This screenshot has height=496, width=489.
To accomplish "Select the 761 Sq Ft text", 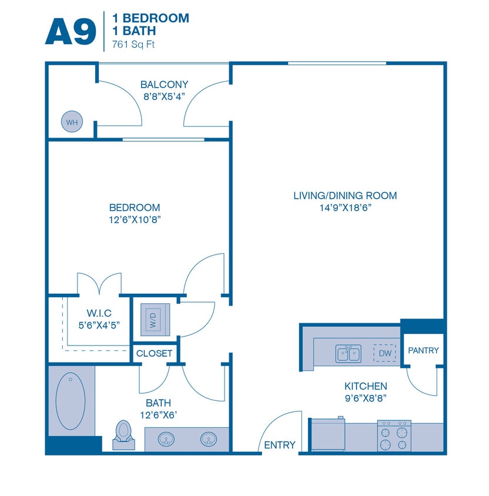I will tap(129, 44).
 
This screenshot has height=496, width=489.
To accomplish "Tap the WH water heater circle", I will tap(72, 122).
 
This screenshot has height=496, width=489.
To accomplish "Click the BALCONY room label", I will tap(164, 85).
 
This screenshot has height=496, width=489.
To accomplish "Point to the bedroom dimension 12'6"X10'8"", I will tap(135, 220).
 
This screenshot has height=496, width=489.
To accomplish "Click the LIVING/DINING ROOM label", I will tap(345, 196).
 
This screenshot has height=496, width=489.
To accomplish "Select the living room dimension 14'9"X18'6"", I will tap(345, 207).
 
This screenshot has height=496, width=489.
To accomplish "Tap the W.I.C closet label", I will tap(99, 313).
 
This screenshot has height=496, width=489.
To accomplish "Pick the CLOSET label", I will tap(154, 353).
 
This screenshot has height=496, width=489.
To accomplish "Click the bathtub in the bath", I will tap(71, 400).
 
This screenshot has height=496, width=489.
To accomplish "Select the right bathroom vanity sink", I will tap(208, 438).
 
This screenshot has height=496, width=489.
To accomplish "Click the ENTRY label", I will tap(280, 445).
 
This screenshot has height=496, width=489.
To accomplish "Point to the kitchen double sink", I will tap(348, 354).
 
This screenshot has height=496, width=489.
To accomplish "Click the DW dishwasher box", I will tap(385, 353).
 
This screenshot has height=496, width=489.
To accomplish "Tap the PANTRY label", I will tap(423, 350).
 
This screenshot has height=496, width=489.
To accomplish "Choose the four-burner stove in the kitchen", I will tap(394, 435).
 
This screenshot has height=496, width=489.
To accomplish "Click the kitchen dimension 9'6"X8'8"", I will tap(366, 398).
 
